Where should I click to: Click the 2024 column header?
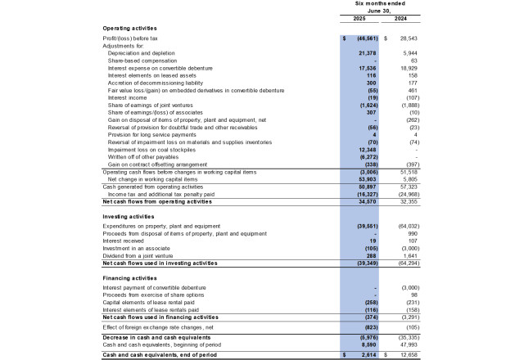(x=402, y=19)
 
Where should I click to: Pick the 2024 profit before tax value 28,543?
(x=406, y=38)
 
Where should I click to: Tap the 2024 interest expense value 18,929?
(x=406, y=67)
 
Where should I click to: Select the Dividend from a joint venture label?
(x=140, y=256)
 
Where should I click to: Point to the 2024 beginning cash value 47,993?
(x=406, y=344)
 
